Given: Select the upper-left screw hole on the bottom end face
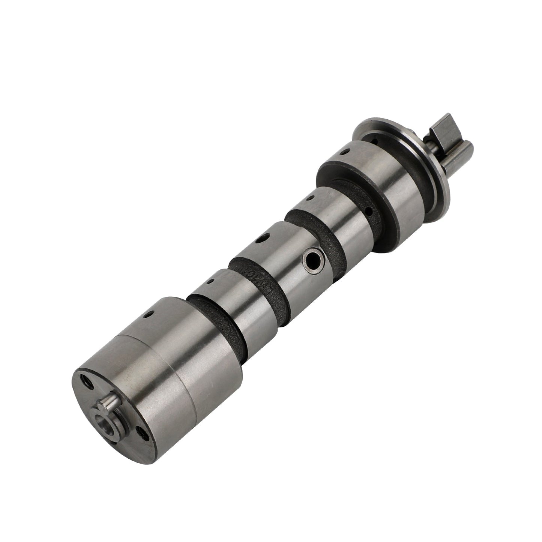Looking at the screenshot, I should (87, 382).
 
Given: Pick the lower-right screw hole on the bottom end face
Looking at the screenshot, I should (142, 434).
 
